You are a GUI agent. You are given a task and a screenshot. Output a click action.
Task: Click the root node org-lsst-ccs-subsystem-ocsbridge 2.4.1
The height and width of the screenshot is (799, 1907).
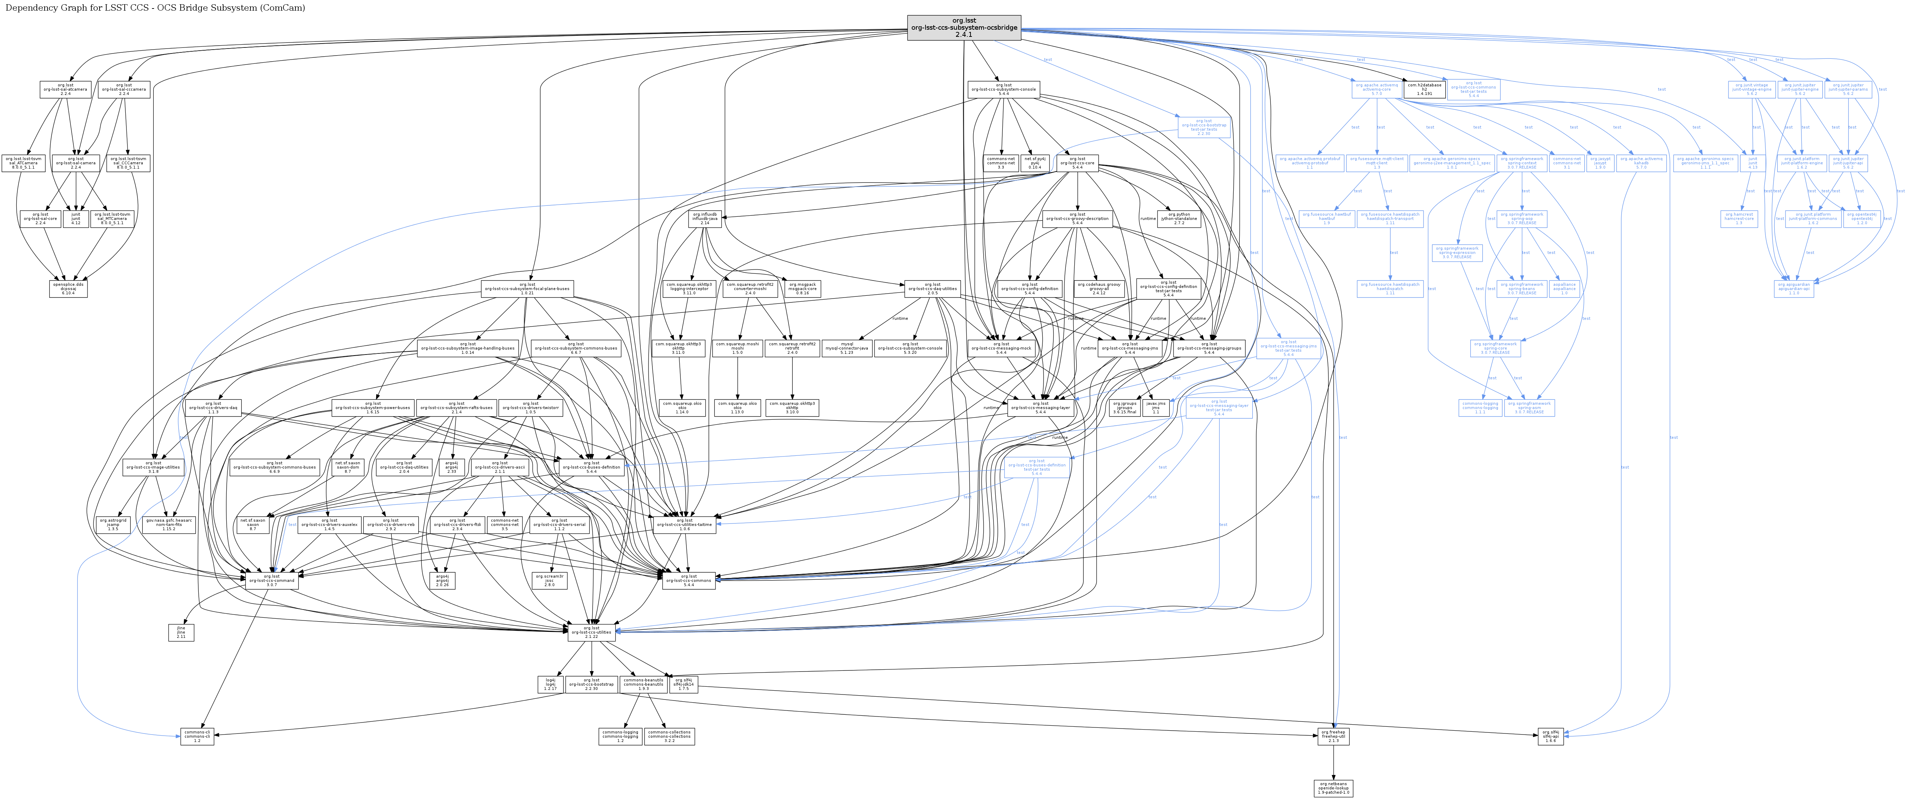tap(963, 27)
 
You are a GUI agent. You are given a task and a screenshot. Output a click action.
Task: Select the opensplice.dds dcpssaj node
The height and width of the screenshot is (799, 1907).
tap(69, 289)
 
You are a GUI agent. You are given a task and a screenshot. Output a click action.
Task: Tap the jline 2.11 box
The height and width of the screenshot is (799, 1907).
tap(181, 633)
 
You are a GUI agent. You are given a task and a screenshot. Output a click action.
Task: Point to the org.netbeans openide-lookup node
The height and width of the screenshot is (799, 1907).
tap(1333, 788)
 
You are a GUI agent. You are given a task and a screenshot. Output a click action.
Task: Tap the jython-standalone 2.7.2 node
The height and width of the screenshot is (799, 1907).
tap(1178, 219)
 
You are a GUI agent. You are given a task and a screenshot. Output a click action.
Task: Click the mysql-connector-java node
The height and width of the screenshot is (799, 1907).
tap(846, 348)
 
